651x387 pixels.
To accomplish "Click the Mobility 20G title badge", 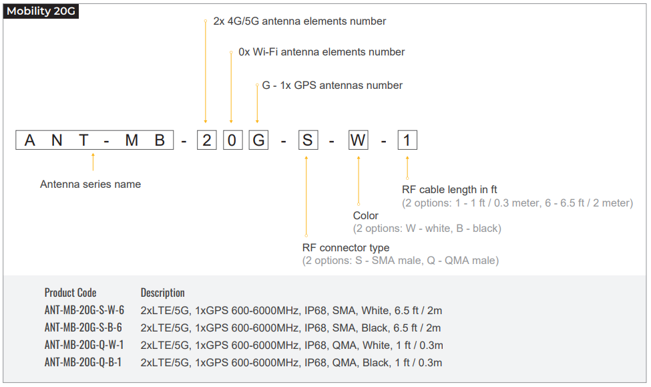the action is [x=41, y=11].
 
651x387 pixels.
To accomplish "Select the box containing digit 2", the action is [x=207, y=140].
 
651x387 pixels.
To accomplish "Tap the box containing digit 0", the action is [x=232, y=140].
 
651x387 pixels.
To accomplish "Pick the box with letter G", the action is [x=258, y=140].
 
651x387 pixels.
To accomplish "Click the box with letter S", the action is [x=308, y=140].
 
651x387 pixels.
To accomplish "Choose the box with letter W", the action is [x=358, y=140].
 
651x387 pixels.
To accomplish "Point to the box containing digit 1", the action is [x=407, y=140].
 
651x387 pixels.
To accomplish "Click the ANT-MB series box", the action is [x=95, y=140].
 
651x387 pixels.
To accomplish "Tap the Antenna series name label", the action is [x=91, y=184].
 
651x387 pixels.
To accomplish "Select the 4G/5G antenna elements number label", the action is [x=300, y=21].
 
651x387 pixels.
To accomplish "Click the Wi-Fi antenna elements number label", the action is [x=322, y=52].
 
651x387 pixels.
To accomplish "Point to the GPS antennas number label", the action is [x=332, y=85].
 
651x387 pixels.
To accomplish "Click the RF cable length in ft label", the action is [x=449, y=190].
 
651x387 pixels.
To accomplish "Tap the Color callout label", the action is [x=366, y=216].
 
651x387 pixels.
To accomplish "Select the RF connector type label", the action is [x=346, y=248].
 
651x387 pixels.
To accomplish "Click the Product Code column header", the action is [x=70, y=293].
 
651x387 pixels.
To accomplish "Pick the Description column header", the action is [x=163, y=293].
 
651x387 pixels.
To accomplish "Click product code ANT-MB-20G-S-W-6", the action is [x=84, y=310].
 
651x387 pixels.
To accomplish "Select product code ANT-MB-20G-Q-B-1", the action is [x=83, y=362].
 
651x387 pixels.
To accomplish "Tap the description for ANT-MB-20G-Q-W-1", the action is [x=292, y=346].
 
